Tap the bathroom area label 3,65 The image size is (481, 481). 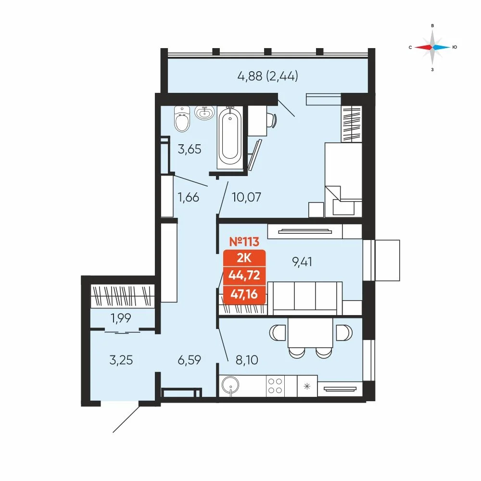coord(190,150)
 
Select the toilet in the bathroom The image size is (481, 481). coord(182,119)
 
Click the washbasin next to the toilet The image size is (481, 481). coord(204,113)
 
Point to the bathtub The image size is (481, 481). coord(230,137)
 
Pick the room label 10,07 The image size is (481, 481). coord(246,197)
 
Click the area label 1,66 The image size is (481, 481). coord(189,197)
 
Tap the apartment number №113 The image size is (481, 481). coord(244,242)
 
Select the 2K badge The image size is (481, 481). coord(244,258)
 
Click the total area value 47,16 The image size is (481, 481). coord(244,294)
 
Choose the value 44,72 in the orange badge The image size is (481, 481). coord(244,275)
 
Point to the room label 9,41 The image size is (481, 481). coord(302,262)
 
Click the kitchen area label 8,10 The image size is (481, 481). coord(247,359)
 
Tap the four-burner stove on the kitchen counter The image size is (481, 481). coord(275,386)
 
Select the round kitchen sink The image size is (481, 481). coord(230,385)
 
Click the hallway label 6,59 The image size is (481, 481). coord(189,359)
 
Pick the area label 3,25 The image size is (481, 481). coord(121,359)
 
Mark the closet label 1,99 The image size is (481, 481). coord(121,318)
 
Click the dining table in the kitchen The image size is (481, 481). coord(310,333)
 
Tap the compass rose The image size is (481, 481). coord(432,47)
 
